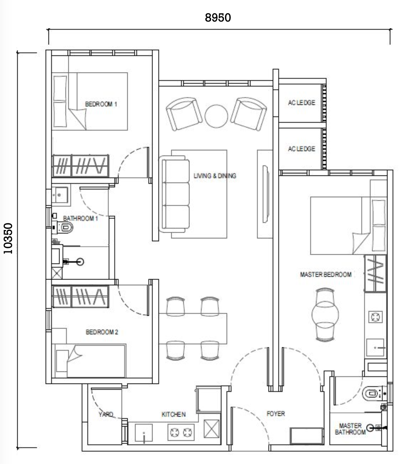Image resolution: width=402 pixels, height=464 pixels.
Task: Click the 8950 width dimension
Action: [218, 18]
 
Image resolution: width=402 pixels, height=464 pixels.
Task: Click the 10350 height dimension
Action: [8, 238]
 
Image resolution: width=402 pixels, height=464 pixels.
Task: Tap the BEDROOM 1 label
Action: [101, 104]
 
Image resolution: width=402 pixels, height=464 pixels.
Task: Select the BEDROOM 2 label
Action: [102, 332]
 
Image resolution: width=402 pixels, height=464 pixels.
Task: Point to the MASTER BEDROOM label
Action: [326, 274]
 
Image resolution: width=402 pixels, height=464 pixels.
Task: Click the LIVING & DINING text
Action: [215, 176]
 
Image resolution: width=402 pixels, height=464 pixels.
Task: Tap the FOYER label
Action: [276, 413]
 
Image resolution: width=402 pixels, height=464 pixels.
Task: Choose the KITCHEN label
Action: [174, 414]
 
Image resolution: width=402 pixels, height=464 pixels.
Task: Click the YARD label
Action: [106, 414]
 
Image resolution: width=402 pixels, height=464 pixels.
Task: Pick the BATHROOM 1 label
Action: [80, 218]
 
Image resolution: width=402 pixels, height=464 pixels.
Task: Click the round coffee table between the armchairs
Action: [216, 116]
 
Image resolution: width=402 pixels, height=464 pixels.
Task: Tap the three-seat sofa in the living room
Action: [174, 194]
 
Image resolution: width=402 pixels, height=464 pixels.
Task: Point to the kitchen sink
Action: [144, 432]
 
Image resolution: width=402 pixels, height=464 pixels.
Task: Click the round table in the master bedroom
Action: [325, 315]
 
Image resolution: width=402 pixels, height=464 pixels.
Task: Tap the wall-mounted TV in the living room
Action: [265, 194]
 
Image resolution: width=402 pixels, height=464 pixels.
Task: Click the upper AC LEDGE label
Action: [302, 103]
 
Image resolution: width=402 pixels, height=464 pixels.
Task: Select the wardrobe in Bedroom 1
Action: [81, 166]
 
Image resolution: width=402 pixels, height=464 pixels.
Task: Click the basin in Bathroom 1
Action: [60, 195]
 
